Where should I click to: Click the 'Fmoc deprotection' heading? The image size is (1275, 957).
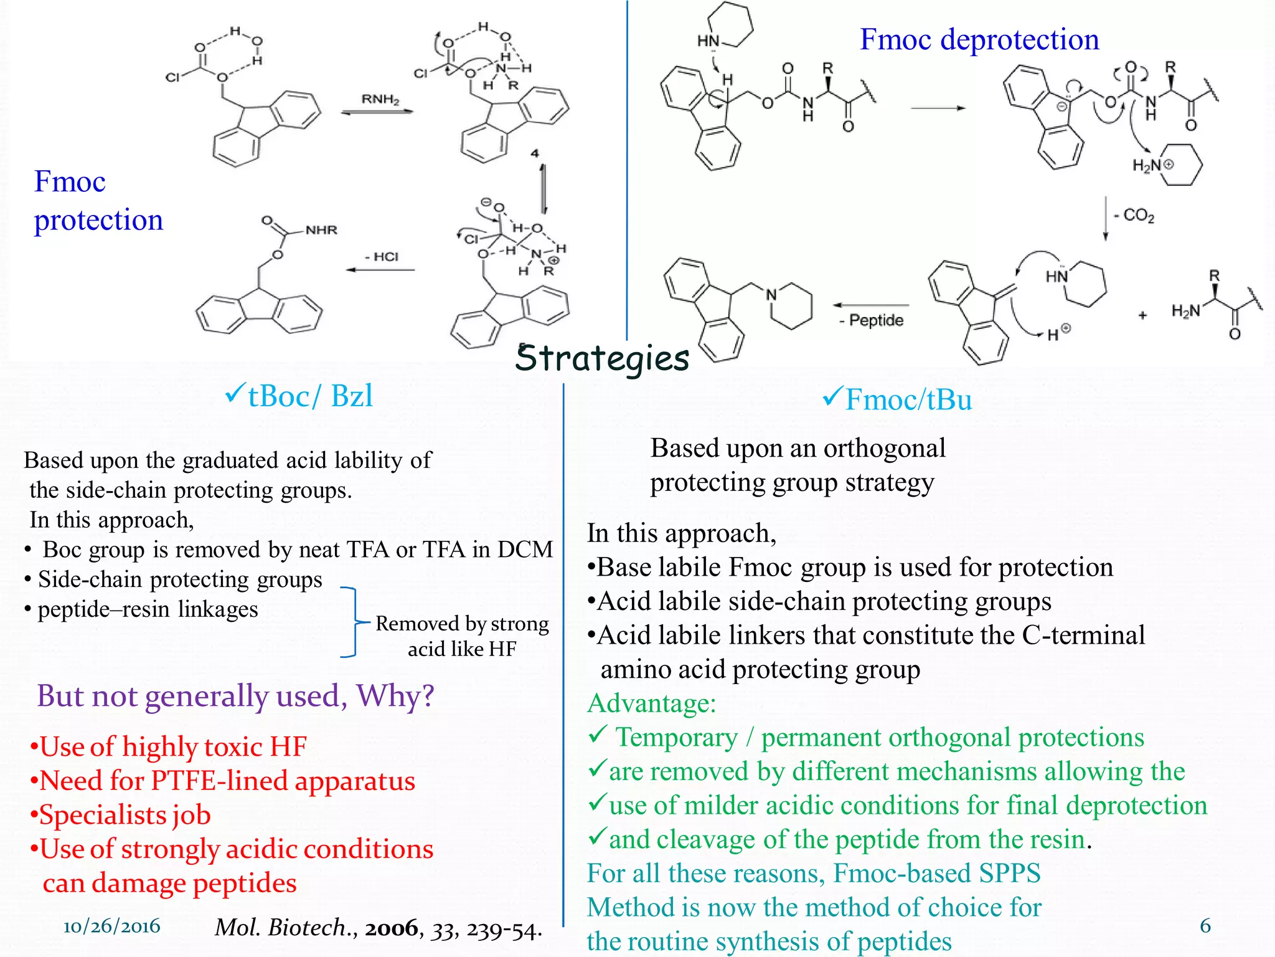979,39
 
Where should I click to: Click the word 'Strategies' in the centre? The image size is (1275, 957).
602,358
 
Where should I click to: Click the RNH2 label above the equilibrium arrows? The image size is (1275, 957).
380,99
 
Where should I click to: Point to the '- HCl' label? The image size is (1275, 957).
382,257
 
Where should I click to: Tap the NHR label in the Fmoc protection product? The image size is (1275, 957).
321,230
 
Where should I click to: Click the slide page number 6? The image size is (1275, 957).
1205,926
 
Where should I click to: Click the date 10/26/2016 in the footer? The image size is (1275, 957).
112,926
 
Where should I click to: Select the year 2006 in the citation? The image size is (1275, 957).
392,928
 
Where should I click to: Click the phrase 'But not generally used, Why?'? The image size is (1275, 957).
235,695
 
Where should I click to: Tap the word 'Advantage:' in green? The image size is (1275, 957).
651,703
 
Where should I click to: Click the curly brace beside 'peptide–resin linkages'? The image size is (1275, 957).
352,622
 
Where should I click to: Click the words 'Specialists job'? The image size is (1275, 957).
125,815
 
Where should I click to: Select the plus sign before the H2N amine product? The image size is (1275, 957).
1142,316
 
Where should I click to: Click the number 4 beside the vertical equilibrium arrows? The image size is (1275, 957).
535,153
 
